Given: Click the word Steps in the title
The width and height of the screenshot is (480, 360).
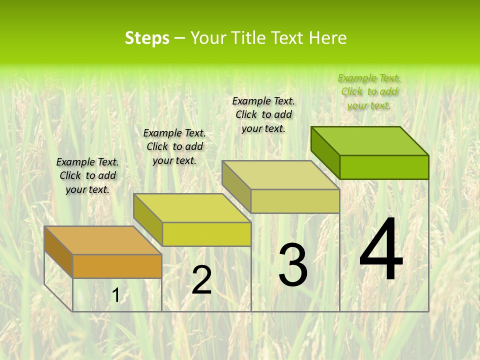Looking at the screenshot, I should [147, 38].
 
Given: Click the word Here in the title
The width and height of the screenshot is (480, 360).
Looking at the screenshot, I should [327, 38].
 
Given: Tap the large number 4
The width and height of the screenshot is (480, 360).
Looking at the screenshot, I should [381, 251].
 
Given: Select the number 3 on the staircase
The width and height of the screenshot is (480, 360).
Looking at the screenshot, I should [293, 265].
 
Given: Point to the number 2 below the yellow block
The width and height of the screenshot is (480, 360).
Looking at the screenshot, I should [201, 280].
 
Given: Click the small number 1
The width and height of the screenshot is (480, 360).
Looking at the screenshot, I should [115, 295].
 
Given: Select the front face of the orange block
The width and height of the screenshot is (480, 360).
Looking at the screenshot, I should [117, 266].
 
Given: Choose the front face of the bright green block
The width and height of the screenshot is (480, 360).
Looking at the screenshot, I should [384, 167].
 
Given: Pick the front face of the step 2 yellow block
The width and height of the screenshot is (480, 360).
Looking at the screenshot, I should [206, 234].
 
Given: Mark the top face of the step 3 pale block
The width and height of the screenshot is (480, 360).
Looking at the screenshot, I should [280, 175].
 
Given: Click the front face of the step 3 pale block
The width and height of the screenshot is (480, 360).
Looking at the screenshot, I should [295, 201].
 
